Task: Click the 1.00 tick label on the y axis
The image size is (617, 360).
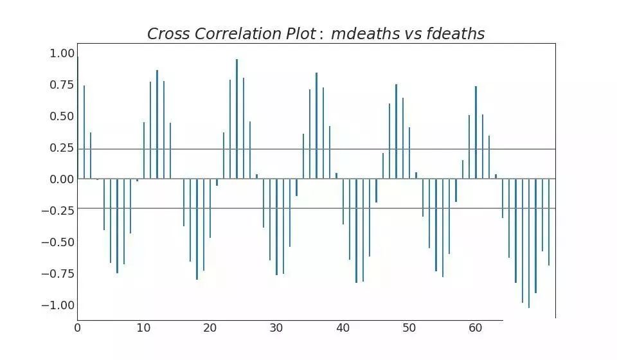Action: (62, 54)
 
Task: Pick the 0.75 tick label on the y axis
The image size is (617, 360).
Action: (62, 85)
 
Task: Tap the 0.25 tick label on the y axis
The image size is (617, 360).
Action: (62, 148)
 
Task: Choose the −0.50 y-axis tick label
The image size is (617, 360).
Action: (58, 242)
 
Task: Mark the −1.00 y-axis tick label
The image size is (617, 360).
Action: (58, 305)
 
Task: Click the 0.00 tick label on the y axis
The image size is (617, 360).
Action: (62, 179)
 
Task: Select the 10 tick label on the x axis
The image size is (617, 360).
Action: (144, 328)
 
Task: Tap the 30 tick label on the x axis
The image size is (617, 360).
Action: (276, 328)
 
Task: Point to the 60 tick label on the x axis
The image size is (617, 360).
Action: (476, 328)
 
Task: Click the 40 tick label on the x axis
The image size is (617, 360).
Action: (343, 328)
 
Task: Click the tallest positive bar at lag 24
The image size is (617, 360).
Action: (237, 119)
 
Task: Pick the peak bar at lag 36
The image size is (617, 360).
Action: (316, 125)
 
